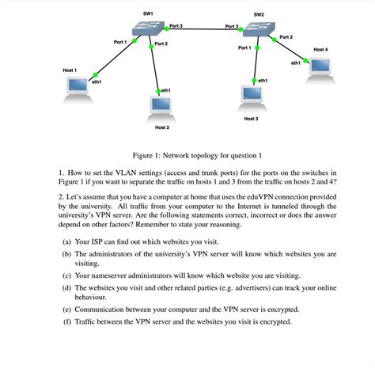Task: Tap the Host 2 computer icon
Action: [161, 107]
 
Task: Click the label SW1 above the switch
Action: [148, 13]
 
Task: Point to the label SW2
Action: [259, 14]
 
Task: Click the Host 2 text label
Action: [161, 127]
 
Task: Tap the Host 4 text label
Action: [320, 50]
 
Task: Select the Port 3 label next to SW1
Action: [176, 27]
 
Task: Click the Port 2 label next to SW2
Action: [286, 37]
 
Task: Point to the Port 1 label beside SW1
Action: [120, 41]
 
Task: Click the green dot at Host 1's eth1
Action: [94, 74]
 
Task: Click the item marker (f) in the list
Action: [66, 322]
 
